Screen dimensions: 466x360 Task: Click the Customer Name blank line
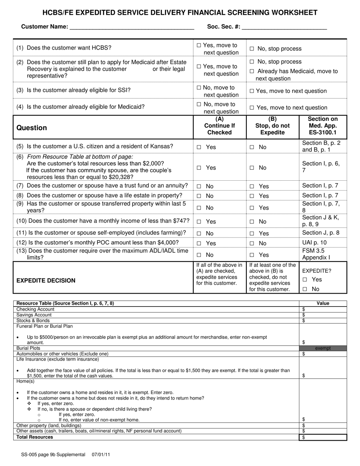[x=132, y=27]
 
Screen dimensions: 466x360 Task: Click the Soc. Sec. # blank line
[x=284, y=27]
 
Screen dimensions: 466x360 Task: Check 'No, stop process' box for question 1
[x=252, y=49]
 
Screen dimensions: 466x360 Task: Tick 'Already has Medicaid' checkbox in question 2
[x=252, y=71]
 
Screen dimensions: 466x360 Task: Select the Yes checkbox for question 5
[x=199, y=147]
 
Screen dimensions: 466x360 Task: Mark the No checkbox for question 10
[x=252, y=222]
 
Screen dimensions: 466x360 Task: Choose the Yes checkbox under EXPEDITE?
[x=305, y=280]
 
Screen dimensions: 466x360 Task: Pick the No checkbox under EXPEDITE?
[x=305, y=289]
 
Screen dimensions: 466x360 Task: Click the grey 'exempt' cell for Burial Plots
[x=323, y=348]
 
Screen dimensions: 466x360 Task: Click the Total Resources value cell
[x=323, y=437]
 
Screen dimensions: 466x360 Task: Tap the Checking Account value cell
[x=323, y=309]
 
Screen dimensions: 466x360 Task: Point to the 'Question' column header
[x=32, y=128]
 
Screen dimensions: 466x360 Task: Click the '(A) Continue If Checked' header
[x=219, y=126]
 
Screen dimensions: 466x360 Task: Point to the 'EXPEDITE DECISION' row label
[x=46, y=280]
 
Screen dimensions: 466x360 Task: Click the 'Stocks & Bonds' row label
[x=33, y=321]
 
